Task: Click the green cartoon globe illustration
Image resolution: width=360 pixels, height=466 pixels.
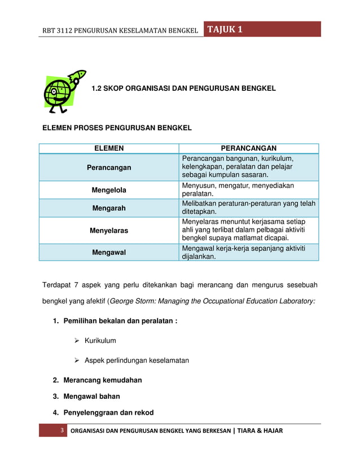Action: (x=64, y=91)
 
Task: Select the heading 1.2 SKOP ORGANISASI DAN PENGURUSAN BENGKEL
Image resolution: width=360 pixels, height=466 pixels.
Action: (x=183, y=89)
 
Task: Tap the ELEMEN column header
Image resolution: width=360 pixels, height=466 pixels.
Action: (x=109, y=148)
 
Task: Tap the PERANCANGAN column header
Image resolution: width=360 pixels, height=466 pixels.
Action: (x=249, y=148)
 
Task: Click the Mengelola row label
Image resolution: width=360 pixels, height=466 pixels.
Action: (x=109, y=190)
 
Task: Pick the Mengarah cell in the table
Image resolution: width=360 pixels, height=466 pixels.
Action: (x=109, y=208)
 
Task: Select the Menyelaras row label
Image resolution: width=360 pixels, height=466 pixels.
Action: (x=109, y=231)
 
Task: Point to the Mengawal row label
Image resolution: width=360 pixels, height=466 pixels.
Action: (x=109, y=253)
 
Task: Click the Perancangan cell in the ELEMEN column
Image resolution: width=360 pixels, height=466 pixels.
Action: (x=109, y=168)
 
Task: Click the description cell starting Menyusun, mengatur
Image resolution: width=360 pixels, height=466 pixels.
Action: (x=249, y=190)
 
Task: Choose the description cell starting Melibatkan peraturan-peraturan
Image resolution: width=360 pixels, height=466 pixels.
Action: (x=249, y=208)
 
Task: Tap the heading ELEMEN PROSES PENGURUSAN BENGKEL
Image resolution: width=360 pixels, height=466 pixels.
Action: (x=117, y=128)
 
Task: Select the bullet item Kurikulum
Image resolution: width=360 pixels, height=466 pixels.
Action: (x=100, y=341)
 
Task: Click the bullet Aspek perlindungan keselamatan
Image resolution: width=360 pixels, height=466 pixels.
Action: (x=137, y=360)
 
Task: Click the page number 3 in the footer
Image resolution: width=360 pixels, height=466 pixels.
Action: (x=62, y=431)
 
